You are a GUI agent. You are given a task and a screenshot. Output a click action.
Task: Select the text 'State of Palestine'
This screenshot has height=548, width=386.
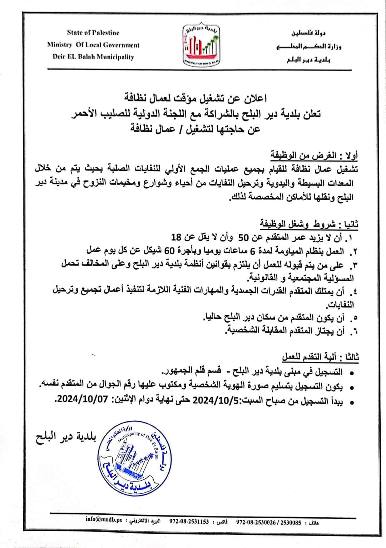[x=93, y=33]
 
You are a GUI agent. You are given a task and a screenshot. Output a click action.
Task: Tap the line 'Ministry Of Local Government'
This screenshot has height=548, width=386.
[x=93, y=45]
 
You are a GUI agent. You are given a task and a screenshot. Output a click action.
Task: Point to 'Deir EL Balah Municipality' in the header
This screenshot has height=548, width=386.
[x=93, y=57]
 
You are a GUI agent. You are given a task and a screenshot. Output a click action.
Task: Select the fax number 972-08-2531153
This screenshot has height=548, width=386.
[x=189, y=522]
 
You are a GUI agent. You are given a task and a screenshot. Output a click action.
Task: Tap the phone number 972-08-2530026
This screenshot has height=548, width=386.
[x=256, y=522]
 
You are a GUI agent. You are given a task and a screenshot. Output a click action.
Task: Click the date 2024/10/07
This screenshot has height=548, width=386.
[x=83, y=399]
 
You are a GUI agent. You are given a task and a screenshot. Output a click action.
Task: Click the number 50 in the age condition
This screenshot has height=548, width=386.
[x=246, y=237]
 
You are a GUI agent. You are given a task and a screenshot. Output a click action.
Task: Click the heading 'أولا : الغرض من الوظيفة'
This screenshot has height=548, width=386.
[x=314, y=155]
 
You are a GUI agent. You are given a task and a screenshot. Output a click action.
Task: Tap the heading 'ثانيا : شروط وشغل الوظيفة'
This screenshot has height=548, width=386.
[x=309, y=224]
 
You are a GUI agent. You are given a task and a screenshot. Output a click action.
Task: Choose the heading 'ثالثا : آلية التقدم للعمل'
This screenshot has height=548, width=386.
[x=320, y=357]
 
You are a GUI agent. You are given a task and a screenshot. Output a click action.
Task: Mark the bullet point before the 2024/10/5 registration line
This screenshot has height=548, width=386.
[x=352, y=403]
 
